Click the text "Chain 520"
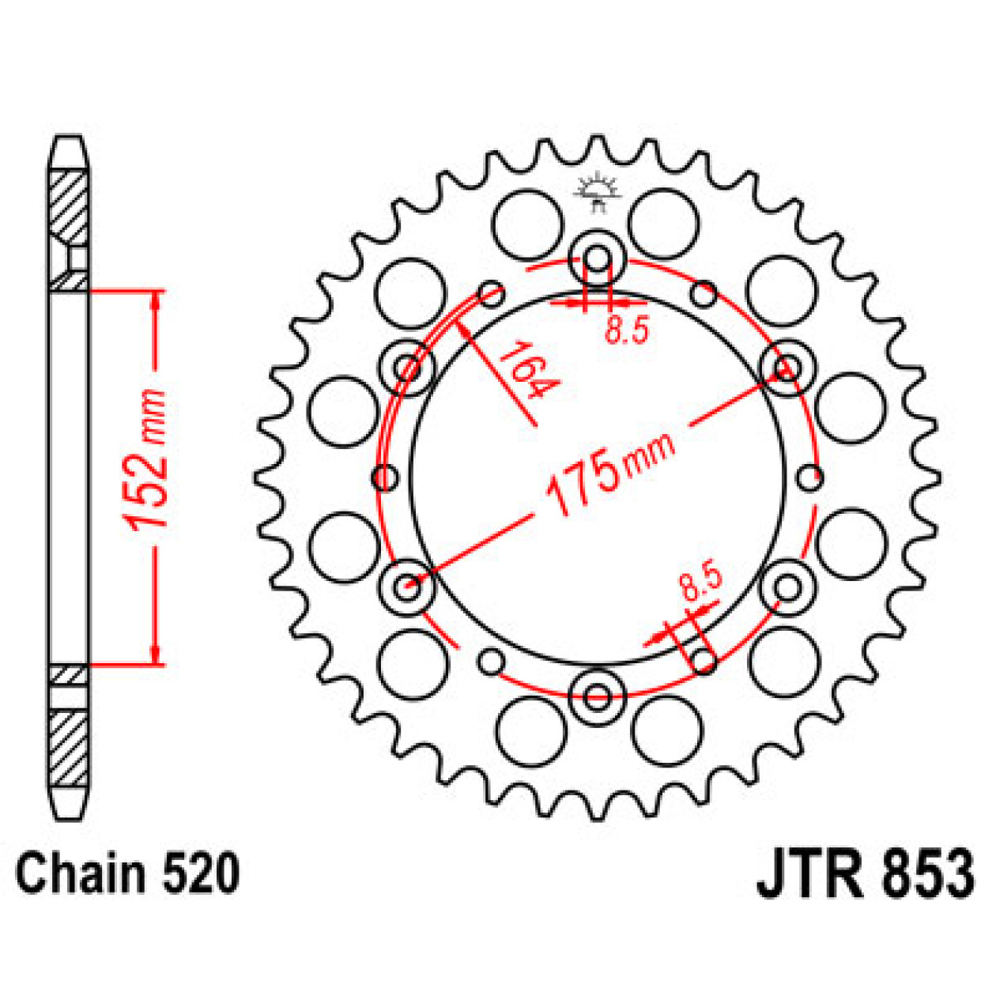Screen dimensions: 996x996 tap(126, 874)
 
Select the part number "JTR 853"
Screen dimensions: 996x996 tap(865, 873)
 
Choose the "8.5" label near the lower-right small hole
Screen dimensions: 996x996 tap(700, 581)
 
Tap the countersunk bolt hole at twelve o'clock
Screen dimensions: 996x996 tap(598, 258)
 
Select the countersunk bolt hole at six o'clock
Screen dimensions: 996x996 tap(598, 696)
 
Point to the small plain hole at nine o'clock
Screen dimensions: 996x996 tap(385, 477)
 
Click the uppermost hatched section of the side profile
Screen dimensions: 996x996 tap(69, 206)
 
